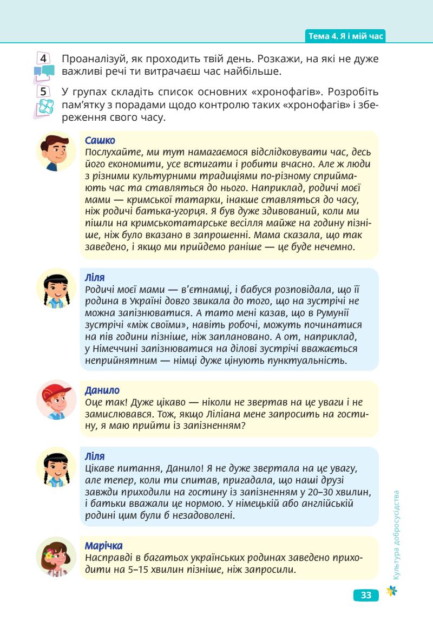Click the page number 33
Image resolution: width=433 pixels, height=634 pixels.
pos(366,596)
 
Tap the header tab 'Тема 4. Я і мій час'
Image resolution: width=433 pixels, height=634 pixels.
pos(345,36)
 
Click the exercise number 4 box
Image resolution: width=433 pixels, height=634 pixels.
pos(44,58)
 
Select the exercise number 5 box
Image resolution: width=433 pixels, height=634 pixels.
pos(44,91)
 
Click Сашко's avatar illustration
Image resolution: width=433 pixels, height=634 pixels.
pos(56,152)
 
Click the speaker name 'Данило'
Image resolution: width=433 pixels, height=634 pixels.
pos(102,390)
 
